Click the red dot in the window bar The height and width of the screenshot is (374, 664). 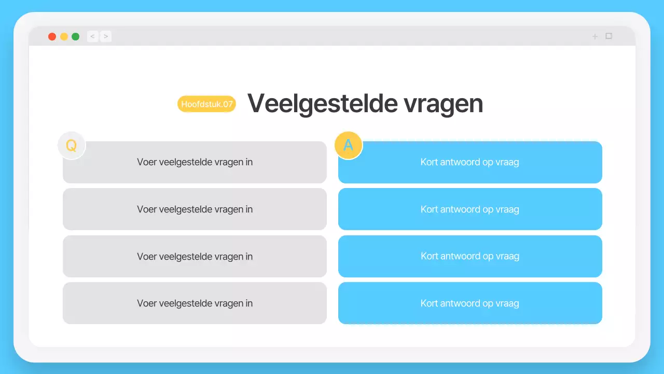point(52,36)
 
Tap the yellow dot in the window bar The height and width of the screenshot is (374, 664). point(64,36)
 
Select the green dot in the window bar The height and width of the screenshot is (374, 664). point(76,36)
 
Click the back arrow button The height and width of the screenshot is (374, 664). point(92,36)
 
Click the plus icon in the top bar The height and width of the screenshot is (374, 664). point(595,36)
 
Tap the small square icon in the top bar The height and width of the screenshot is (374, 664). point(609,36)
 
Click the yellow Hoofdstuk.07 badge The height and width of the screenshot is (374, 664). point(206,104)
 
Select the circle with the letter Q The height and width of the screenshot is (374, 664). point(71,145)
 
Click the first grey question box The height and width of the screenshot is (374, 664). point(195,162)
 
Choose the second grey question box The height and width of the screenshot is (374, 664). point(195,209)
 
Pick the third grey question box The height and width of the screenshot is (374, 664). point(195,256)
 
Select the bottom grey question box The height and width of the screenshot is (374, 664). point(195,303)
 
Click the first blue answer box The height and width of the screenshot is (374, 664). point(470,162)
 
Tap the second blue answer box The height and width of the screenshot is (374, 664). point(470,209)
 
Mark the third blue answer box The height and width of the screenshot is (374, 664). point(470,256)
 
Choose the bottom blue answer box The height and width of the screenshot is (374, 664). point(470,303)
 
